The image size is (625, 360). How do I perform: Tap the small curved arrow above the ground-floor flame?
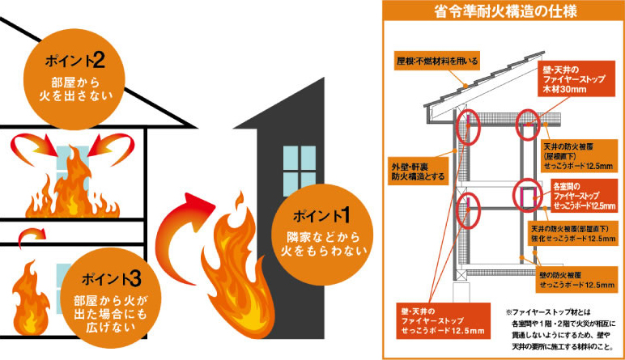30,235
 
